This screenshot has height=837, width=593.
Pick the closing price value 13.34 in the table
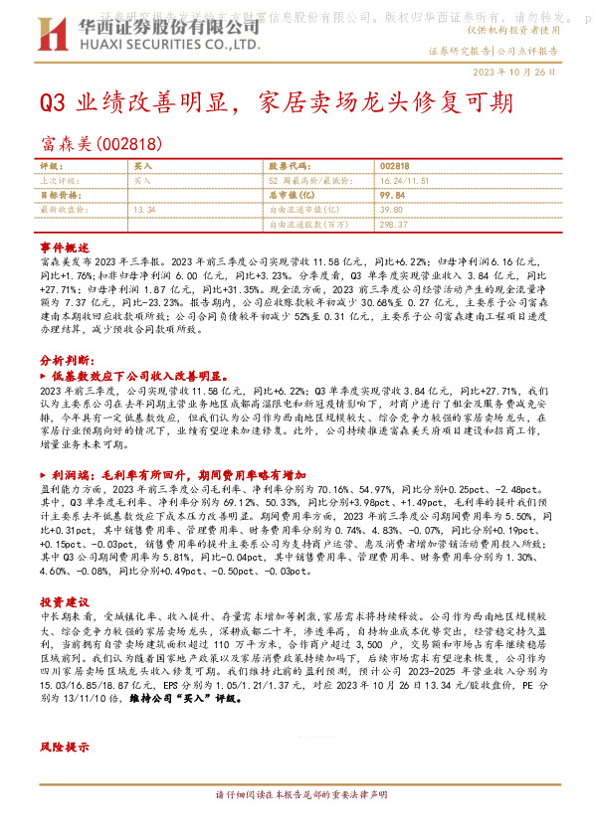coord(144,210)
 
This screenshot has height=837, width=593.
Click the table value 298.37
coord(392,225)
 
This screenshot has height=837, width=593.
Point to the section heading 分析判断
coord(68,359)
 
